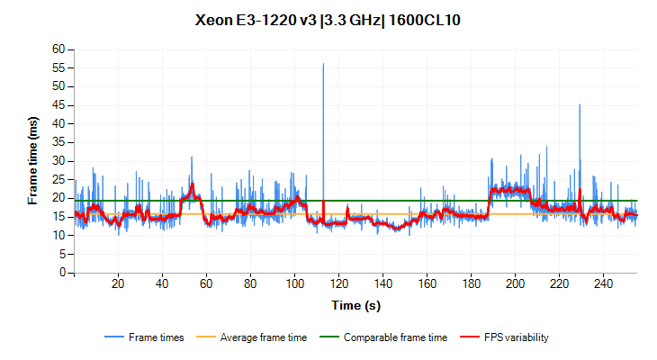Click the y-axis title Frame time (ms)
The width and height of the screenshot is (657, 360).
coord(33,160)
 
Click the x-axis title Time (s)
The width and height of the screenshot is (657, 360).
coord(355,305)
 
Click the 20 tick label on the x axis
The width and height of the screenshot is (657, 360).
coord(118,284)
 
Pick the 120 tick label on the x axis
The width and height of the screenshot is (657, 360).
coord(338,284)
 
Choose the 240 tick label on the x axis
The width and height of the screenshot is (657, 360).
coord(603,284)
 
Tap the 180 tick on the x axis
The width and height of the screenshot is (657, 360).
coord(471,284)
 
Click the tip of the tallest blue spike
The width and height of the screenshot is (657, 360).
coord(323,63)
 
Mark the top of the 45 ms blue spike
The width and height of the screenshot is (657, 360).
coord(580,104)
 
